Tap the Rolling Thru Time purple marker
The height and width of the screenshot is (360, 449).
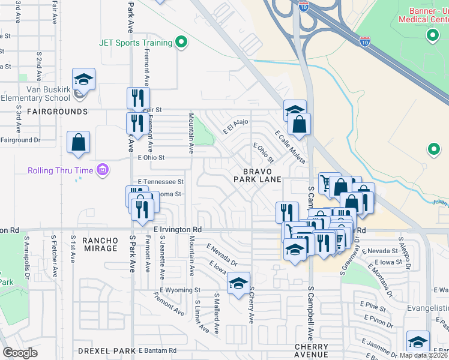(103, 170)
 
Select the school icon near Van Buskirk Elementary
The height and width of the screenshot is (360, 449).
(83, 79)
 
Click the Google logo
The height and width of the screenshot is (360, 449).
(20, 353)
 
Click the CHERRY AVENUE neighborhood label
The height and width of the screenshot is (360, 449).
(312, 352)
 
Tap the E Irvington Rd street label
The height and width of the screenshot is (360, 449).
(178, 230)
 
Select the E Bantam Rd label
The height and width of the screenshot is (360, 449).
(157, 350)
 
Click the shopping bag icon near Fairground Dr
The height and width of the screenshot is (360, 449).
(78, 142)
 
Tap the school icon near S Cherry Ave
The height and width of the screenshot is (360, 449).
(238, 283)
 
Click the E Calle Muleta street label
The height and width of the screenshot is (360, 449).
(290, 147)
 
